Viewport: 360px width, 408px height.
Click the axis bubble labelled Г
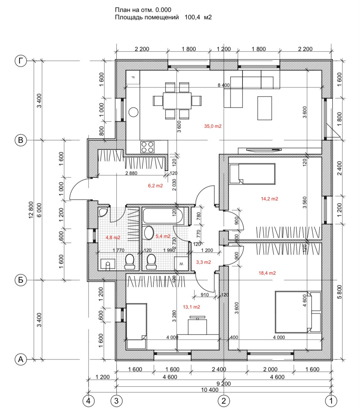click(x=21, y=61)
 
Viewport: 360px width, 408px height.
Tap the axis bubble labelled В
click(x=21, y=140)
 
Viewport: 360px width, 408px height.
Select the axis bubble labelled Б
click(x=21, y=280)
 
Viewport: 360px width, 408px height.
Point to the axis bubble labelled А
click(x=21, y=359)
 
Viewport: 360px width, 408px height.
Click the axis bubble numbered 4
click(x=89, y=400)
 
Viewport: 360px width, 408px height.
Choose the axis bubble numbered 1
click(x=331, y=400)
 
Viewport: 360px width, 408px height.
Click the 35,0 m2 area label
click(x=213, y=126)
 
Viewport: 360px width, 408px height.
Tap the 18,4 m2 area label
click(x=267, y=273)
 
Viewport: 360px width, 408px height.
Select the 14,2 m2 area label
click(x=269, y=199)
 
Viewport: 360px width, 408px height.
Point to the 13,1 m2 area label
click(x=191, y=307)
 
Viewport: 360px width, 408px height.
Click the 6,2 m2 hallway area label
click(x=155, y=186)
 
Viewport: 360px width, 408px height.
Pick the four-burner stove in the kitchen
click(x=148, y=147)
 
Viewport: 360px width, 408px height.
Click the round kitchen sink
click(x=133, y=112)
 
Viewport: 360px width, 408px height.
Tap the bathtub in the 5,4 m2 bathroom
click(x=163, y=216)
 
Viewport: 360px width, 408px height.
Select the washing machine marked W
click(x=181, y=264)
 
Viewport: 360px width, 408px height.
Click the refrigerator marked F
click(x=133, y=77)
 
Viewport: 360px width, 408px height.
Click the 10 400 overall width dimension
click(x=210, y=390)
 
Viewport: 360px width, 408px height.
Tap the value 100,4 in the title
click(x=192, y=18)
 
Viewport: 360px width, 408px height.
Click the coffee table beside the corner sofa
click(x=265, y=108)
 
